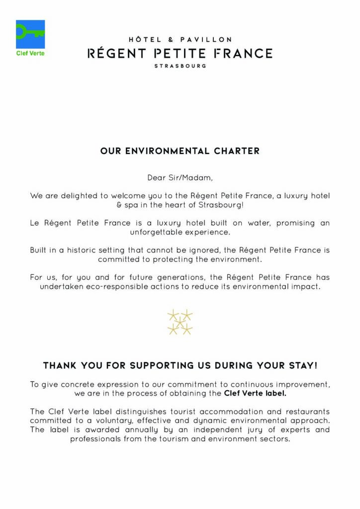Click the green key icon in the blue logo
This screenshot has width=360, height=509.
tap(30, 33)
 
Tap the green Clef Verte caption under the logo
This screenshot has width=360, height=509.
tap(30, 53)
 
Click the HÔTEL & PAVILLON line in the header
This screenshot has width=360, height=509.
tap(180, 39)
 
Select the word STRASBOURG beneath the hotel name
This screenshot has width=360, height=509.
tap(180, 66)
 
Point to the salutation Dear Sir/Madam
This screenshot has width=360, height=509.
tap(180, 177)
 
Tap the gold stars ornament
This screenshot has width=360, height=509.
tap(180, 322)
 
